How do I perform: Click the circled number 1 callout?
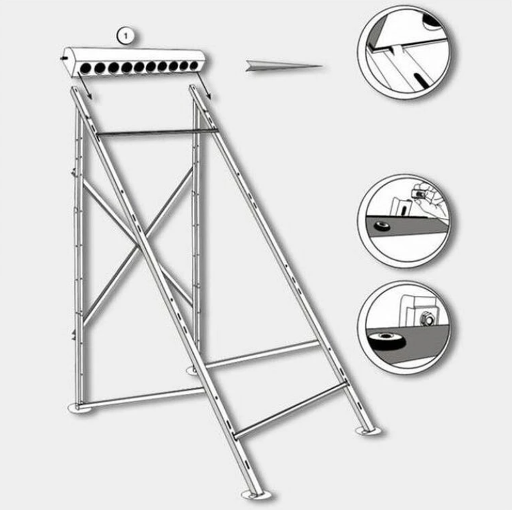(126, 36)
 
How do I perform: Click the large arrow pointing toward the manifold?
(284, 66)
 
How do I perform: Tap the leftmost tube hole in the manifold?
(86, 68)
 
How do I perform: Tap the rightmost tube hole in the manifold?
(194, 66)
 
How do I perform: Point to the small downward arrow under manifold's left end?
(85, 86)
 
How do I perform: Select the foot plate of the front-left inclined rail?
(257, 494)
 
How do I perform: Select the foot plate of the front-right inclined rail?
(369, 431)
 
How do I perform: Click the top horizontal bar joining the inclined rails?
(157, 132)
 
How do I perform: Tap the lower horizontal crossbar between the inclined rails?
(290, 410)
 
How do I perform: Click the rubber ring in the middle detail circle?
(382, 226)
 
